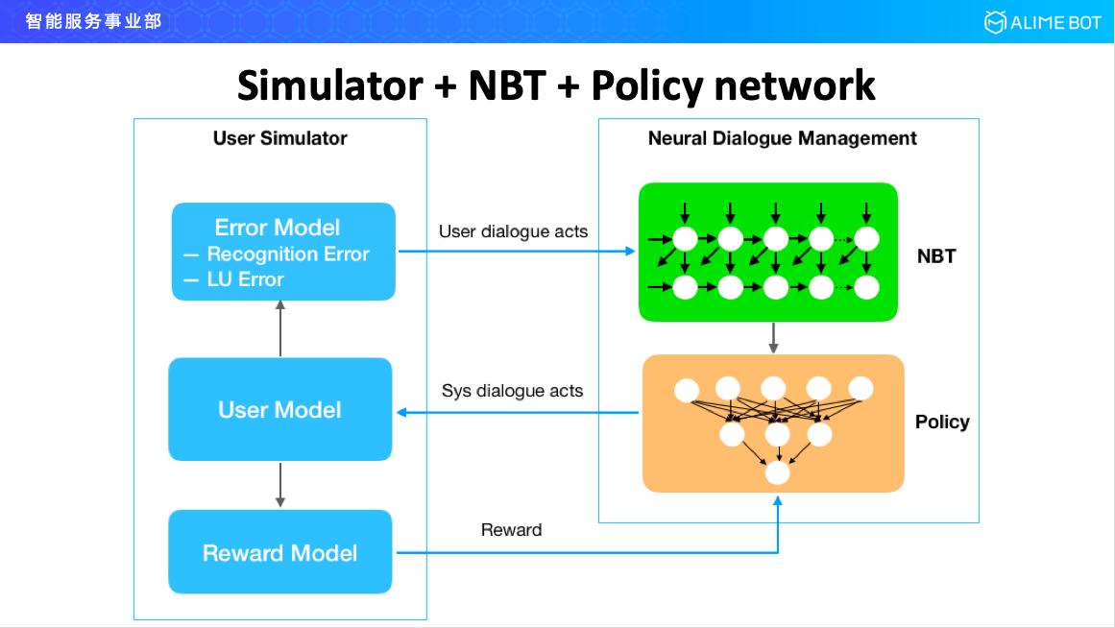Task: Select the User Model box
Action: (x=279, y=410)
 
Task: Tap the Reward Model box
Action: (x=279, y=552)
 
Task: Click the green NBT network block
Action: (x=767, y=252)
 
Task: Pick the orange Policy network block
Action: (x=773, y=423)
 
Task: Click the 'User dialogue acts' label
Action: (x=513, y=231)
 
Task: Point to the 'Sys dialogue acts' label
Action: (x=512, y=391)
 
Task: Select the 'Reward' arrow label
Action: (x=511, y=530)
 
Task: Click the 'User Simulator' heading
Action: (x=279, y=138)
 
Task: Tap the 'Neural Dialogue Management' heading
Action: (x=782, y=138)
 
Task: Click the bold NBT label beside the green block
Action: (x=935, y=256)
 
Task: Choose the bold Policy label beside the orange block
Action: (x=941, y=422)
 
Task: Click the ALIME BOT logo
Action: (x=1042, y=22)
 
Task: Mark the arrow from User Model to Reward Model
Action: (x=280, y=485)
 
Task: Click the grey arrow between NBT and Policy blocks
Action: (x=773, y=336)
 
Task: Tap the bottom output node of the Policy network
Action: (x=776, y=472)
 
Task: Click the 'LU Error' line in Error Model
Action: (x=245, y=279)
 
